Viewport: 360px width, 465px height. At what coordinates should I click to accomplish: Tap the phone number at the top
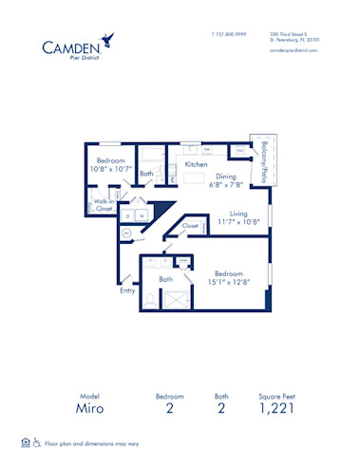(228, 33)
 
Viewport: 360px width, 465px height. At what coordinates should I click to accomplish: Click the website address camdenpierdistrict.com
(294, 50)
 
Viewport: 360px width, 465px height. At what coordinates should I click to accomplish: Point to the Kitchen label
(196, 164)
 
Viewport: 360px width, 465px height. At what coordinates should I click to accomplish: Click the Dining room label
(224, 176)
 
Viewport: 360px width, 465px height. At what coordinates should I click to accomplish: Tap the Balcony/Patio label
(256, 156)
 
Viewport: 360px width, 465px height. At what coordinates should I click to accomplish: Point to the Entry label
(127, 290)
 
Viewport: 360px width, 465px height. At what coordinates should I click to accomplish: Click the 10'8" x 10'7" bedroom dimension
(112, 169)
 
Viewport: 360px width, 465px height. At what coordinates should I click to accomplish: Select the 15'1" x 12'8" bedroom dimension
(233, 281)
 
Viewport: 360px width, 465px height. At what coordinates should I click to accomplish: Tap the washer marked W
(142, 216)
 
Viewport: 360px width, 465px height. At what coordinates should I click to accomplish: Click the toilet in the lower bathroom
(151, 297)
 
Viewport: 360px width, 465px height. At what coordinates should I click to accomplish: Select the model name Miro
(85, 409)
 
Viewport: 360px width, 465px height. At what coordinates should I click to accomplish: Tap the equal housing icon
(25, 441)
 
